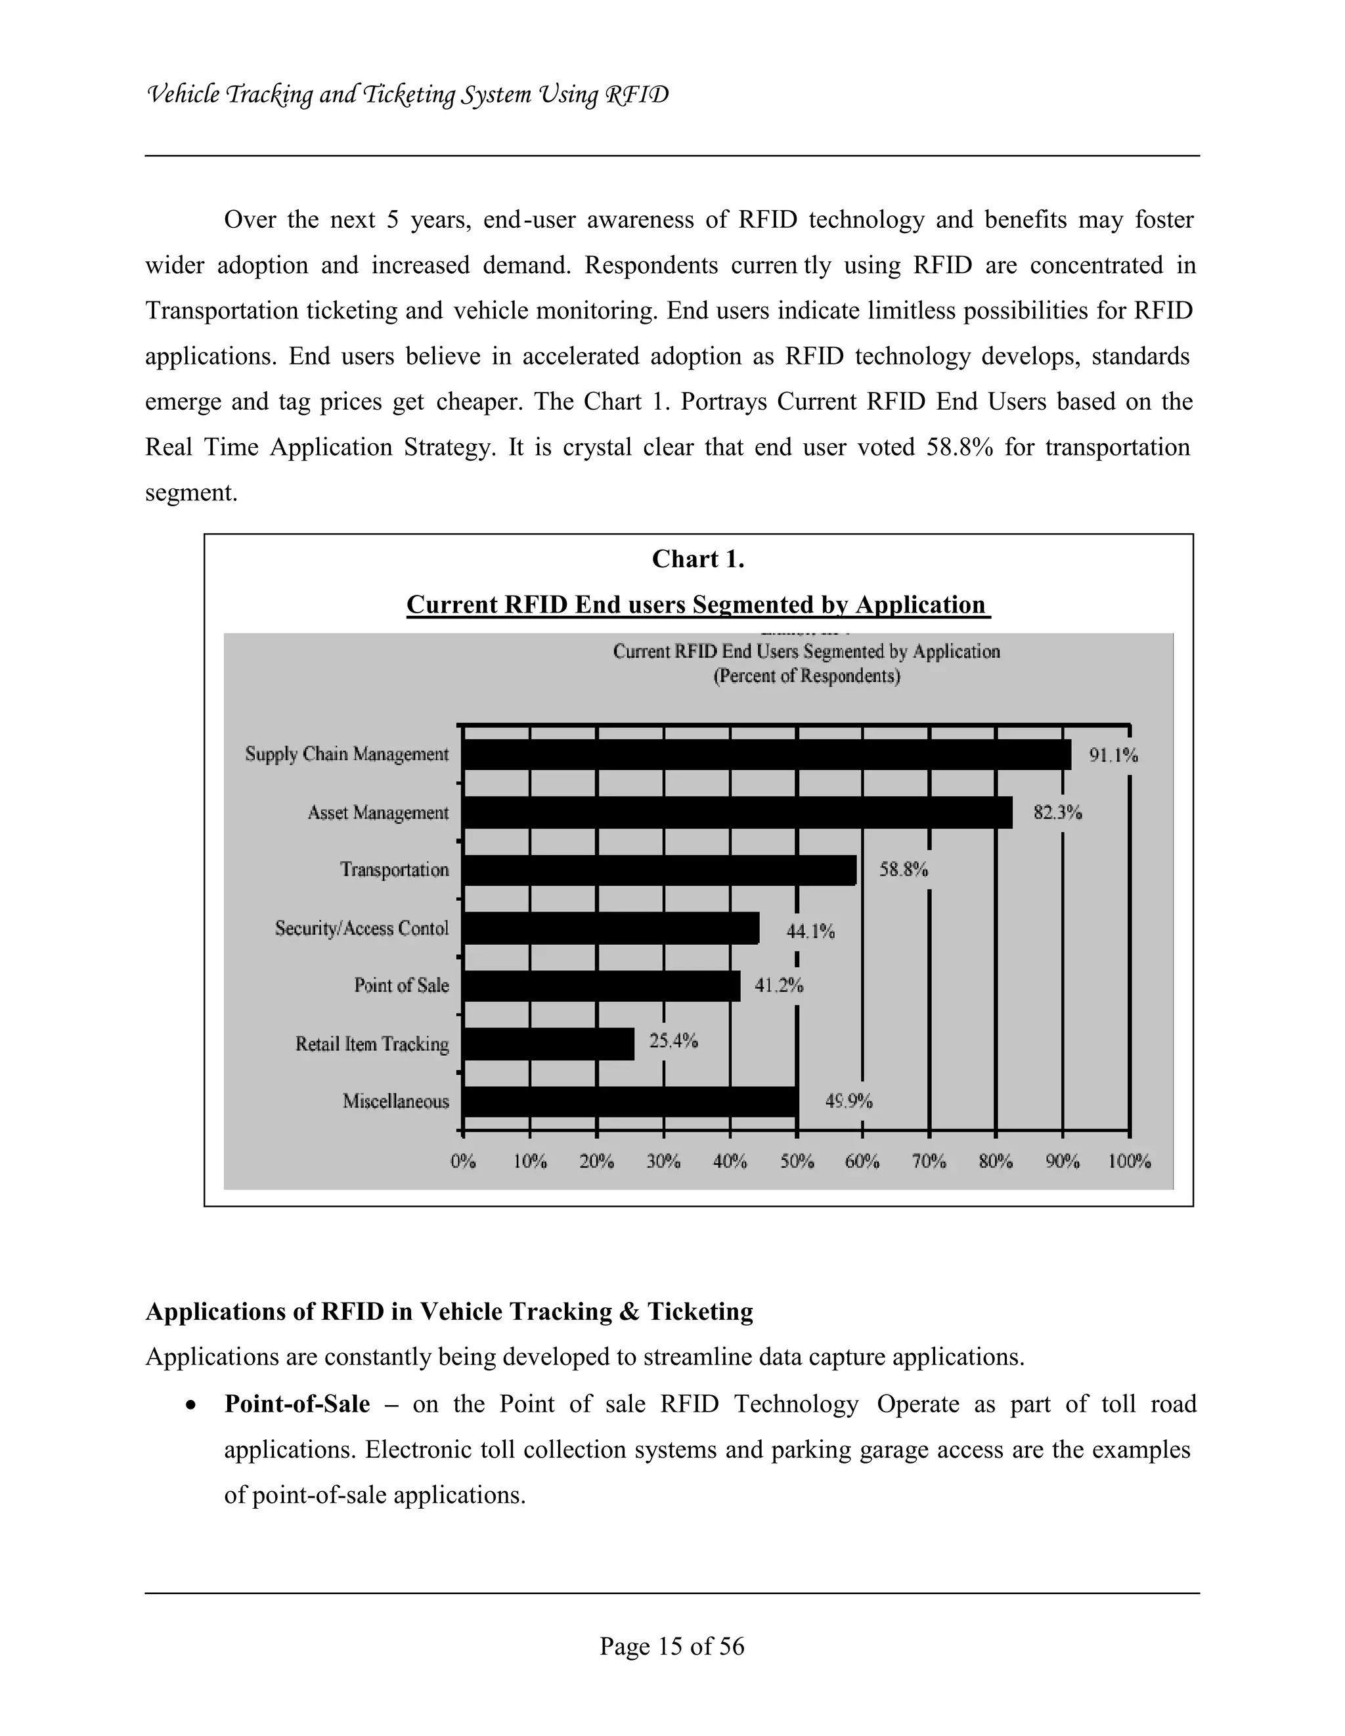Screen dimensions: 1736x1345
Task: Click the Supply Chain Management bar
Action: pyautogui.click(x=766, y=754)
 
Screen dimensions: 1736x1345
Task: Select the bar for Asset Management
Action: pyautogui.click(x=737, y=812)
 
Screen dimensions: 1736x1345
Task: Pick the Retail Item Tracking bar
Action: pyautogui.click(x=548, y=1044)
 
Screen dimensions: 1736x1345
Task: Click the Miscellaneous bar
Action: pyautogui.click(x=630, y=1102)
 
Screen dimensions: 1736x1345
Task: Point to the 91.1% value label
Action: pyautogui.click(x=1113, y=755)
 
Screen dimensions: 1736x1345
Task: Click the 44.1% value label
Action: pyautogui.click(x=810, y=931)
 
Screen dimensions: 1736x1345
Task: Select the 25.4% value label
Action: pyautogui.click(x=673, y=1041)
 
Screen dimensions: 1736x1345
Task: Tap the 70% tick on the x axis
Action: pyautogui.click(x=929, y=1161)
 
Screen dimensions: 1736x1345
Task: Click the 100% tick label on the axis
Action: pyautogui.click(x=1129, y=1161)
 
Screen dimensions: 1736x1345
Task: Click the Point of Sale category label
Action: pyautogui.click(x=401, y=986)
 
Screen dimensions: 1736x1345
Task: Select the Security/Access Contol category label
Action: pyautogui.click(x=362, y=928)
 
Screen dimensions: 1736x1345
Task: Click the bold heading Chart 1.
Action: pyautogui.click(x=698, y=559)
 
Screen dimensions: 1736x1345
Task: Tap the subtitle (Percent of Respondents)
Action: pyautogui.click(x=806, y=676)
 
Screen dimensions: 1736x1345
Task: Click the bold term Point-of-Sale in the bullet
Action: pyautogui.click(x=296, y=1404)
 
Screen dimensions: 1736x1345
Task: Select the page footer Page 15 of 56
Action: pyautogui.click(x=672, y=1646)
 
